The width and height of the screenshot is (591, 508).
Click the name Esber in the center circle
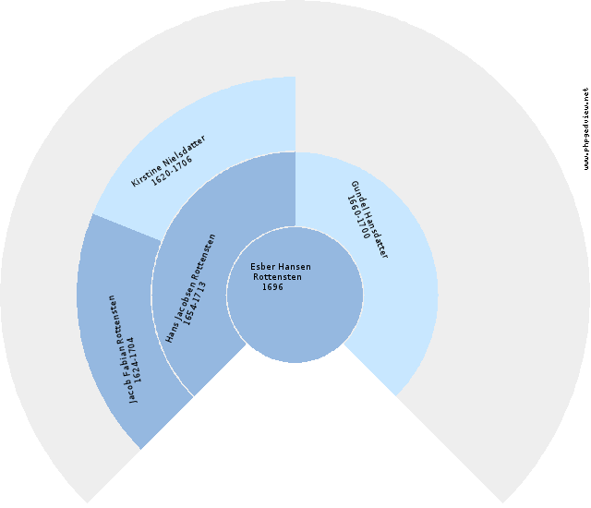click(x=259, y=267)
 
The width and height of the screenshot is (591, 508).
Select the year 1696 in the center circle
click(x=272, y=287)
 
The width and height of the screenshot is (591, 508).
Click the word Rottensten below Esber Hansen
click(x=277, y=277)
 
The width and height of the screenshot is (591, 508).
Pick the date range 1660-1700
click(x=358, y=217)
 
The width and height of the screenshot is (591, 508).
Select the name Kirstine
click(x=146, y=174)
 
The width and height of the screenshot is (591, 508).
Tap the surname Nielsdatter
click(x=185, y=149)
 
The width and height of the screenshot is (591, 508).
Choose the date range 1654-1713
click(x=195, y=303)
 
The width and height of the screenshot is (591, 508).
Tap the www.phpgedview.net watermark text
click(x=585, y=129)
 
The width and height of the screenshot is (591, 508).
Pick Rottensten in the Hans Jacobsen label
click(x=205, y=257)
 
